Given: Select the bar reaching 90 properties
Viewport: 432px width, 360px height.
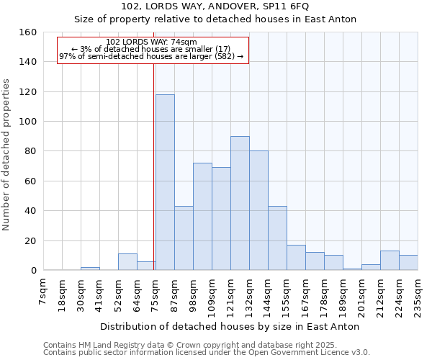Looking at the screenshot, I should tap(240, 203).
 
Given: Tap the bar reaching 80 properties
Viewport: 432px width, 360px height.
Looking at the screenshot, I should tap(258, 210).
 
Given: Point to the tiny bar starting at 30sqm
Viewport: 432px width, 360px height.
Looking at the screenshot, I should tap(90, 269).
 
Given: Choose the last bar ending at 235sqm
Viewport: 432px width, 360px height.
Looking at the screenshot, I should tap(408, 263).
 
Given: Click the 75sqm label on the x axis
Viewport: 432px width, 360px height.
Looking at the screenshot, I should tap(156, 294).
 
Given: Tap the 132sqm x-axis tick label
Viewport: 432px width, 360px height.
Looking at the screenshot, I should tap(249, 295).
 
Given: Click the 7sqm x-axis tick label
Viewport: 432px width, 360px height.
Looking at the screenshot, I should tap(43, 292).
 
